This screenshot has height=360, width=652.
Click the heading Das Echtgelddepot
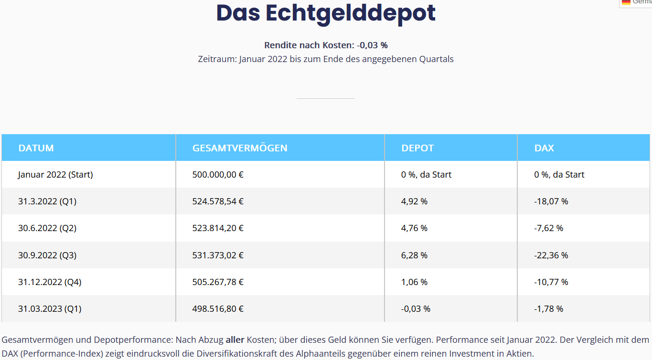tap(326, 13)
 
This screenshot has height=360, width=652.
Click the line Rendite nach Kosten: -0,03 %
tap(326, 45)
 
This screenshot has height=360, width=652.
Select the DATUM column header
tap(36, 148)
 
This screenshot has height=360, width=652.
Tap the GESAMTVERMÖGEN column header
tap(240, 148)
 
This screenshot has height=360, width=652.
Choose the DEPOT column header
tap(417, 148)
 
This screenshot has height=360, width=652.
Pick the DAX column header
tap(544, 148)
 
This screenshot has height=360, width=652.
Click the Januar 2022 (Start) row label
tap(55, 175)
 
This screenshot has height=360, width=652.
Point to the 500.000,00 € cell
tap(218, 175)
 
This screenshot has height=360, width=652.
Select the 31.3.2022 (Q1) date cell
tap(47, 201)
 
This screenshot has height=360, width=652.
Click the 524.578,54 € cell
tap(218, 201)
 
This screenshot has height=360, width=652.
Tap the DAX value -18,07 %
tap(551, 201)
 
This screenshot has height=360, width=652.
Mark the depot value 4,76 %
tap(414, 228)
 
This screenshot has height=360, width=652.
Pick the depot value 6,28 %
tap(414, 255)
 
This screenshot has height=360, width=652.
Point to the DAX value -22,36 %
tap(551, 255)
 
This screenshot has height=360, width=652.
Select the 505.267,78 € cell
tap(218, 282)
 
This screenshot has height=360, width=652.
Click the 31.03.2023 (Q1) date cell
tap(50, 309)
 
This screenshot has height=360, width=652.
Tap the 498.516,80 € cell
tap(218, 309)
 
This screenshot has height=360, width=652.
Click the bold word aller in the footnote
tap(235, 340)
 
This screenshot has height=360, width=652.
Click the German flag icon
tap(626, 2)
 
